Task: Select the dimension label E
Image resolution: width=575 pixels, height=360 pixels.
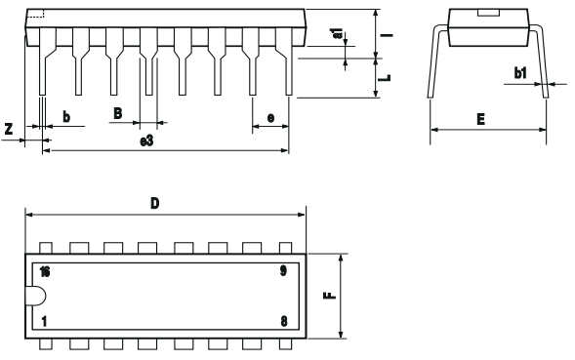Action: click(482, 120)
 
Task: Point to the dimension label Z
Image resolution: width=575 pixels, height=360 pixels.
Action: click(9, 128)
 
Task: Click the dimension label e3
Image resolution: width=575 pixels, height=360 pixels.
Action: click(146, 141)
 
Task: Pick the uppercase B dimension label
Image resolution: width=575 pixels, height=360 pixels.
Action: click(117, 113)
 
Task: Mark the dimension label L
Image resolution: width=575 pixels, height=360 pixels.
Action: click(387, 76)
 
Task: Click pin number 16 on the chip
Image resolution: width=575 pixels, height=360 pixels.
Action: click(45, 270)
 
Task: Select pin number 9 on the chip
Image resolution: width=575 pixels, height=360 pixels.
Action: click(283, 270)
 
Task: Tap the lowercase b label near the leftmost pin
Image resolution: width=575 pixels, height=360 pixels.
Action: click(65, 116)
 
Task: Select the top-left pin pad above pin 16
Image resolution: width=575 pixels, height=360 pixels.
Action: click(45, 248)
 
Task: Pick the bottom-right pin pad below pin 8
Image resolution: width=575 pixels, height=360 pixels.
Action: click(285, 344)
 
